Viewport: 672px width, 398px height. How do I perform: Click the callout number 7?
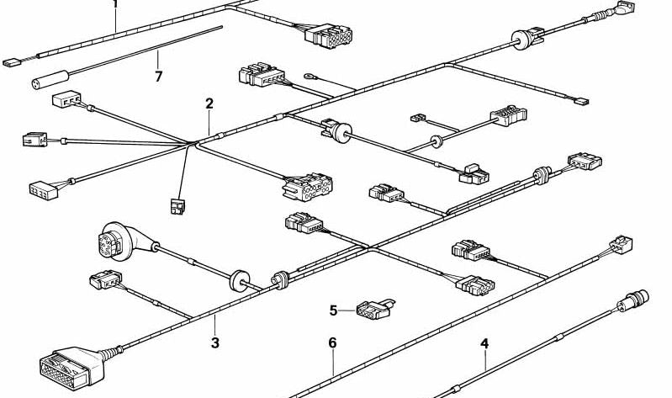coord(159,77)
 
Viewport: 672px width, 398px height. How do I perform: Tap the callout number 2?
coord(209,103)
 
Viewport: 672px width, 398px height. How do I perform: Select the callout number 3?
coord(215,342)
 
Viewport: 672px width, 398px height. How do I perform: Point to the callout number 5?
coord(333,310)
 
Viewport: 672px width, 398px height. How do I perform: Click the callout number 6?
coord(332,342)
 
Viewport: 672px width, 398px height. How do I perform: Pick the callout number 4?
coord(484,343)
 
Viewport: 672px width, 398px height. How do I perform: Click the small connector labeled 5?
coord(375,309)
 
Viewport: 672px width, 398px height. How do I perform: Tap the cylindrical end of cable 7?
coord(50,80)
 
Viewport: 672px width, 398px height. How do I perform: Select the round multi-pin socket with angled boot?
coord(124,241)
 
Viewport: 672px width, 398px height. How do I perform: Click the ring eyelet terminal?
coord(310,77)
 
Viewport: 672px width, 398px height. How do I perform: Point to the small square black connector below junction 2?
coord(177,206)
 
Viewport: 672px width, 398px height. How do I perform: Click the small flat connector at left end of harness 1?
coord(12,63)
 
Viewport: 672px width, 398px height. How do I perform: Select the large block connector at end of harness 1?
coord(329,36)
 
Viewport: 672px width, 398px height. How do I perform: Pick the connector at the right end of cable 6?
coord(621,245)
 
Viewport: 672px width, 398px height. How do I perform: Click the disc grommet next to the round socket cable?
coord(240,281)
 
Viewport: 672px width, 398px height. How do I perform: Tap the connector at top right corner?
coord(625,8)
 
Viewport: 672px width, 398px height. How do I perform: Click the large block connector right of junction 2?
coord(307,188)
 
